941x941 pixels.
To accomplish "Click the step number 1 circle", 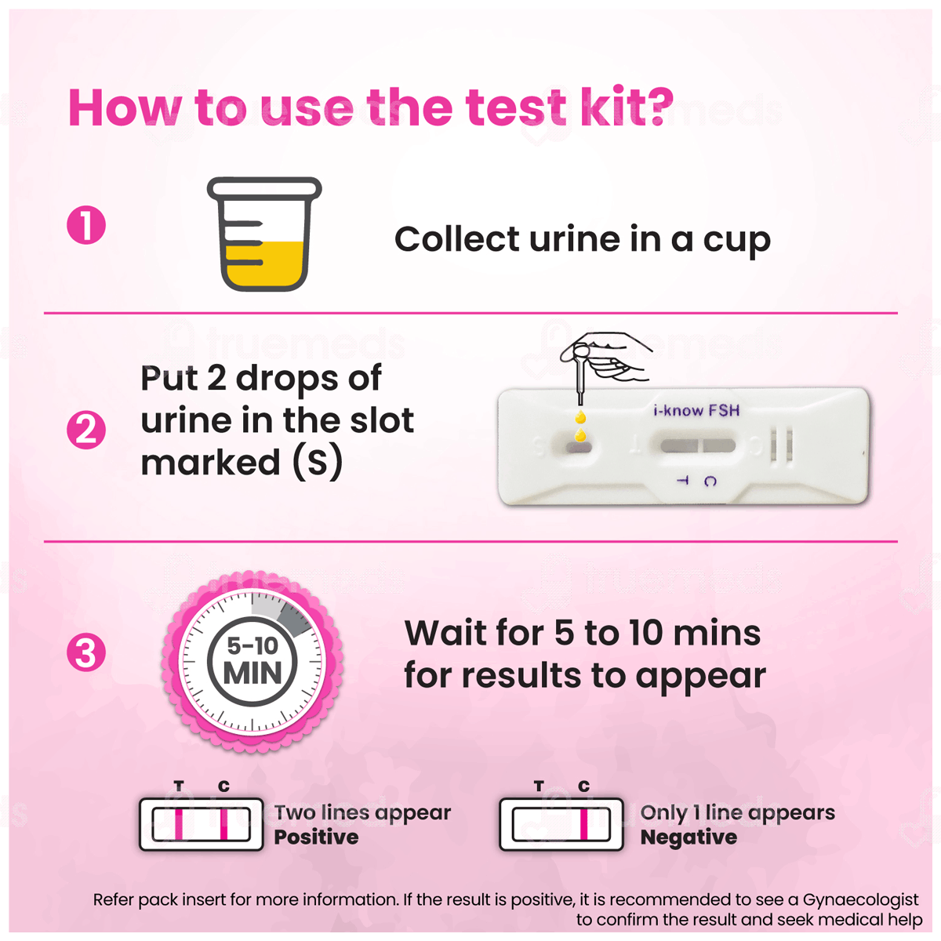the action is [x=86, y=224].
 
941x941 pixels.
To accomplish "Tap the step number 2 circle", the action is [x=86, y=430].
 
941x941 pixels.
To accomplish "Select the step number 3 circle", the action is [x=86, y=652].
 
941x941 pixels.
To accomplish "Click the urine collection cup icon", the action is [x=264, y=234].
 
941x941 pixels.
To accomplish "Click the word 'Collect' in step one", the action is [x=456, y=239].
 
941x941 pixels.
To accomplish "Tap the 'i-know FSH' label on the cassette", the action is [x=696, y=410].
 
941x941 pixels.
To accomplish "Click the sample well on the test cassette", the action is [x=579, y=447].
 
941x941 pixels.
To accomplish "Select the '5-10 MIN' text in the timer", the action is [x=253, y=661].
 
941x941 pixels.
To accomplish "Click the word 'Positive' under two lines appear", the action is [x=317, y=837].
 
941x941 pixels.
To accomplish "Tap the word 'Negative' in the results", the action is [x=688, y=837].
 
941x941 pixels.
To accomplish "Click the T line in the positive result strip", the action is [x=179, y=824].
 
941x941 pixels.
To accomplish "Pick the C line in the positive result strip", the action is [x=223, y=824].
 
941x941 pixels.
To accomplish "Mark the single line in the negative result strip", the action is [x=583, y=824].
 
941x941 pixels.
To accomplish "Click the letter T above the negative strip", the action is [x=539, y=787].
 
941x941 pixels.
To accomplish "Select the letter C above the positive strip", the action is [x=223, y=787].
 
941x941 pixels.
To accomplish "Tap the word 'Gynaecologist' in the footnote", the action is [x=860, y=899].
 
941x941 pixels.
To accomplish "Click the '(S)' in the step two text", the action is [x=318, y=461].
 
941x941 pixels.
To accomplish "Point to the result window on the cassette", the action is [x=698, y=445].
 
